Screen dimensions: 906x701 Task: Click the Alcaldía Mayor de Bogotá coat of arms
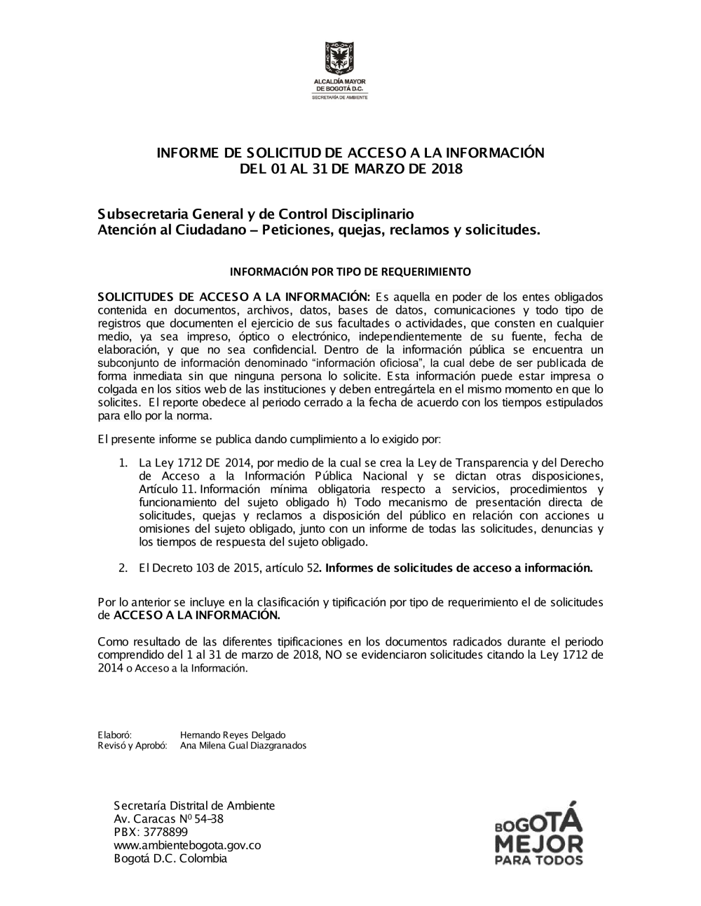pos(339,60)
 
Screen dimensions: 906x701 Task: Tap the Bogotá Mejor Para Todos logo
pos(538,833)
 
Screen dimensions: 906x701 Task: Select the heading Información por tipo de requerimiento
pos(350,271)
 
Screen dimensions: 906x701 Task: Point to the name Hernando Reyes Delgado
pos(233,735)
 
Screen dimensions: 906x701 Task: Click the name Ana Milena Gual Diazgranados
pos(243,746)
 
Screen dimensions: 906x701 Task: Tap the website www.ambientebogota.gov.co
pos(187,845)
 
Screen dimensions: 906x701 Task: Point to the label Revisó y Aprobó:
pos(132,746)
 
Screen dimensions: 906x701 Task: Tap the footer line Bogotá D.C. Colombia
pos(170,858)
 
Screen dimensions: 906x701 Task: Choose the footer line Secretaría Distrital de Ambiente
pos(194,805)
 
